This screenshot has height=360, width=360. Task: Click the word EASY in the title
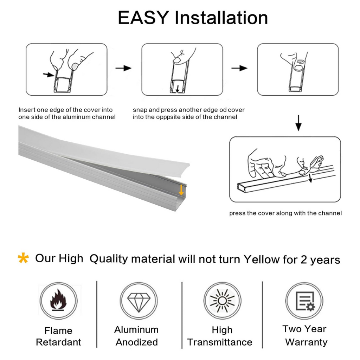click(143, 18)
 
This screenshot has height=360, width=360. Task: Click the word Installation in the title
click(221, 18)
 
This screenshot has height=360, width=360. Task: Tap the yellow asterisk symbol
click(23, 258)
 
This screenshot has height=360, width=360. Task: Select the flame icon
click(58, 300)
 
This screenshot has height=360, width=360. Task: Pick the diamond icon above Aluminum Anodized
click(139, 301)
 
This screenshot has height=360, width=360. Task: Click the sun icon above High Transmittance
click(222, 301)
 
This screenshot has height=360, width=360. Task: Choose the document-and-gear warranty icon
click(305, 301)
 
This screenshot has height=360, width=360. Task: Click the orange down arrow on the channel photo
click(181, 190)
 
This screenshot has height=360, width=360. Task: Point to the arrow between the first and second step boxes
click(123, 68)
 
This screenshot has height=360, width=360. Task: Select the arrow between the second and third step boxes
click(239, 68)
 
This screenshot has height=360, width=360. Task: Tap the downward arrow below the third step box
click(298, 123)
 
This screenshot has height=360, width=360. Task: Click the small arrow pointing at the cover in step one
click(49, 75)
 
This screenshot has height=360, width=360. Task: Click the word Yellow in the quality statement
click(262, 259)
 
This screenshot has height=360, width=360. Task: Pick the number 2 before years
click(304, 259)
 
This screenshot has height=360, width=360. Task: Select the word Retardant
click(59, 342)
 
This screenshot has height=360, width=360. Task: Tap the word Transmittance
click(220, 342)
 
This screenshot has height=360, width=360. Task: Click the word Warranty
click(306, 342)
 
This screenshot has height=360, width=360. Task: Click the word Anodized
click(137, 342)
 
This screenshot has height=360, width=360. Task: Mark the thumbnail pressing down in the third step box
click(298, 67)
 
